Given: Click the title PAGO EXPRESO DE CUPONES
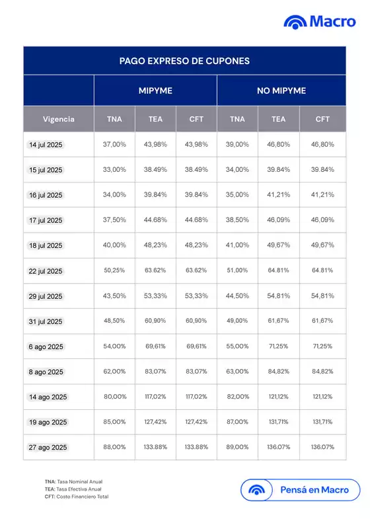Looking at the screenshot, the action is coord(184,61).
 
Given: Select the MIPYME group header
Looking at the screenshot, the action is coord(155,91).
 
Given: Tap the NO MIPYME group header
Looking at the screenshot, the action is coord(281,91).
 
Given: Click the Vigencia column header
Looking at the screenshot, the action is coord(59,120).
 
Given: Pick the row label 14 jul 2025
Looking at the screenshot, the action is coord(46,144).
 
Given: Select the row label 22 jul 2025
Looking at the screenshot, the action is coord(46,271).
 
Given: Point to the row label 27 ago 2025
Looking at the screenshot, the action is coord(48,447).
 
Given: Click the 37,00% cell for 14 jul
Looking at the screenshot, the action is coord(114,144).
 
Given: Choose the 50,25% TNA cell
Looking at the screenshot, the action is coord(114,270).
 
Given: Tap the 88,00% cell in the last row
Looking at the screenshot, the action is coord(114,447).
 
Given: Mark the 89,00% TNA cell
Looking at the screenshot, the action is coord(237,447).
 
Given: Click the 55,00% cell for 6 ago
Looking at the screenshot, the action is coord(237,346).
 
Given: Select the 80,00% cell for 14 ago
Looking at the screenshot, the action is coord(114,397).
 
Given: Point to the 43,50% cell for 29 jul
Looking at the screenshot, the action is coord(114,296).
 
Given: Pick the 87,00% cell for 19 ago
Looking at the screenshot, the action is coord(237,422).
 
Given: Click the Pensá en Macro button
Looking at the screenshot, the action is coord(301,491).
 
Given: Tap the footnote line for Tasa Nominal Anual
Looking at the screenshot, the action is coord(73,481).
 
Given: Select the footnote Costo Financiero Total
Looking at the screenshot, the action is coord(77,497).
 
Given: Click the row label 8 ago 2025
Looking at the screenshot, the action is coord(46,372).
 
